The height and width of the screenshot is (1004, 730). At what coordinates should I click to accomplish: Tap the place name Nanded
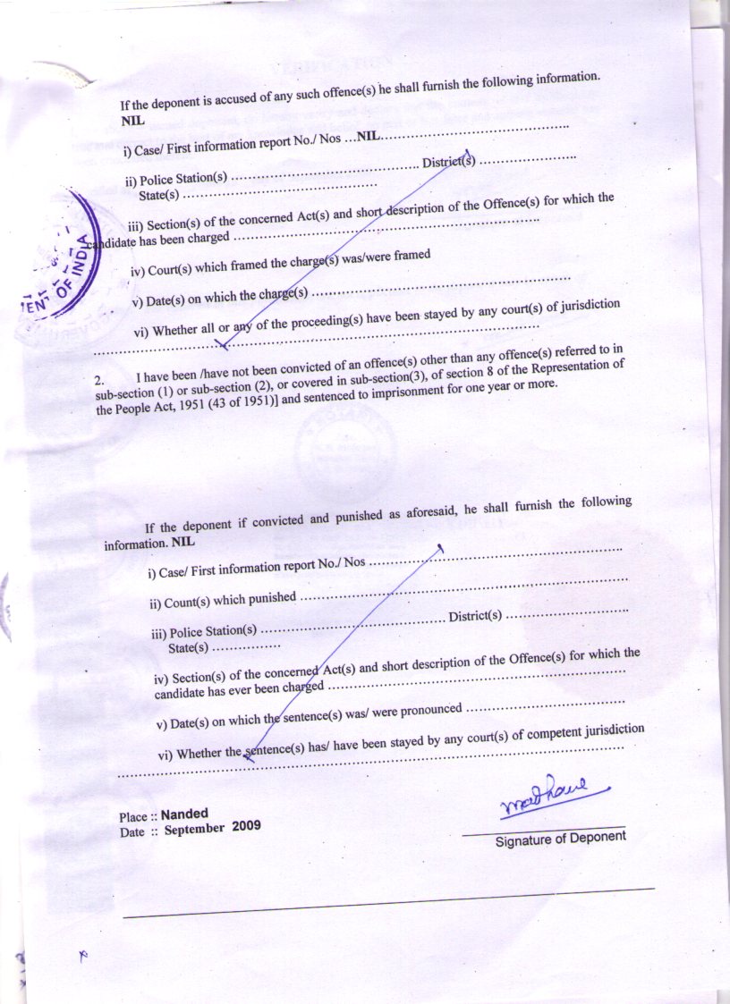[x=184, y=814]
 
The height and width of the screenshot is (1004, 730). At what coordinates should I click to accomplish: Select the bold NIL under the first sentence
[x=132, y=119]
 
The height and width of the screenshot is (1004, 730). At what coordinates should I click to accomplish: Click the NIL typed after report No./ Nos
[x=369, y=137]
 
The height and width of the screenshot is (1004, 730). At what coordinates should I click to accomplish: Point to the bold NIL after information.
[x=182, y=542]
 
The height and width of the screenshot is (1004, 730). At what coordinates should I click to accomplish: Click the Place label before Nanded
[x=133, y=817]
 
